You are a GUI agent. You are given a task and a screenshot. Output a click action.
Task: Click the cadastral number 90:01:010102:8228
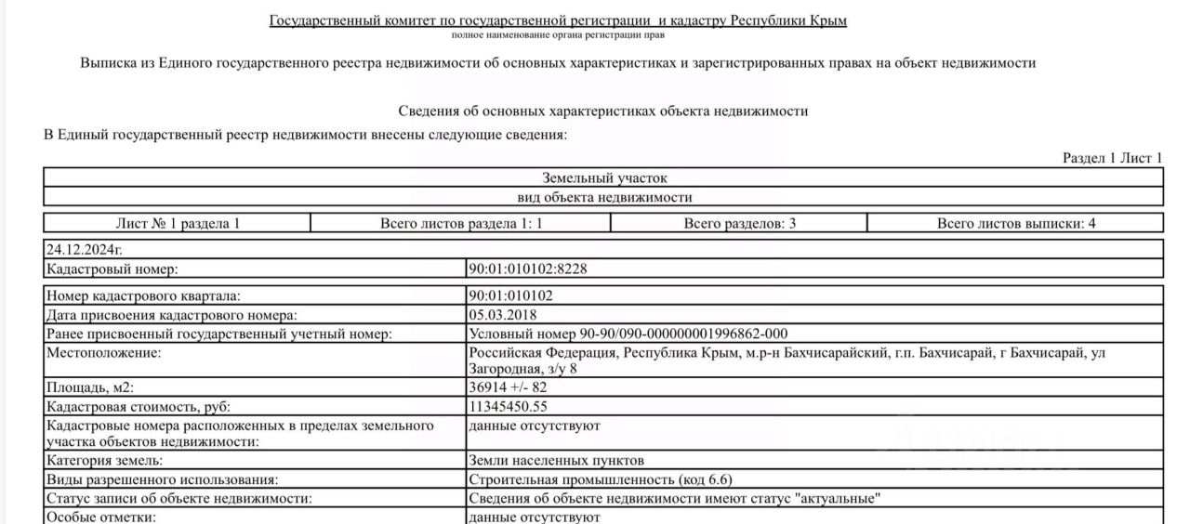click(528, 269)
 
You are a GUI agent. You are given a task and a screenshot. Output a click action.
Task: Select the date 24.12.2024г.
click(85, 250)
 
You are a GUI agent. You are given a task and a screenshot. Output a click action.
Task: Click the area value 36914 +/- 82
click(509, 387)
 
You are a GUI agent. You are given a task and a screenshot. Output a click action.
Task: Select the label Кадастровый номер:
click(112, 269)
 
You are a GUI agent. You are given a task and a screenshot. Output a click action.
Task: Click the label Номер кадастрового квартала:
click(143, 296)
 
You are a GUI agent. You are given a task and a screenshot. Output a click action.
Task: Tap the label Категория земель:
click(105, 460)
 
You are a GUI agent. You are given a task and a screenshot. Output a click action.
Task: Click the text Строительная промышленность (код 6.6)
click(601, 479)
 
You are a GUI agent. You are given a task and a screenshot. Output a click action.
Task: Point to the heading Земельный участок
click(604, 177)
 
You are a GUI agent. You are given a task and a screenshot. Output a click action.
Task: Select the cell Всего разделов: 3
click(739, 223)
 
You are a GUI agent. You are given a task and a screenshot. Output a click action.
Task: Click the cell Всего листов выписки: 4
click(1015, 223)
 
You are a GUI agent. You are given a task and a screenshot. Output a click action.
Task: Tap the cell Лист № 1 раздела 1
click(178, 223)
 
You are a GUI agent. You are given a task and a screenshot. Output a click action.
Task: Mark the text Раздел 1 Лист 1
click(1112, 158)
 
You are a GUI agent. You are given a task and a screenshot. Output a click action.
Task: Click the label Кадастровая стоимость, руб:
click(139, 406)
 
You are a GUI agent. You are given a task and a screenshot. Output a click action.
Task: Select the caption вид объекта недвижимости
click(604, 197)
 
